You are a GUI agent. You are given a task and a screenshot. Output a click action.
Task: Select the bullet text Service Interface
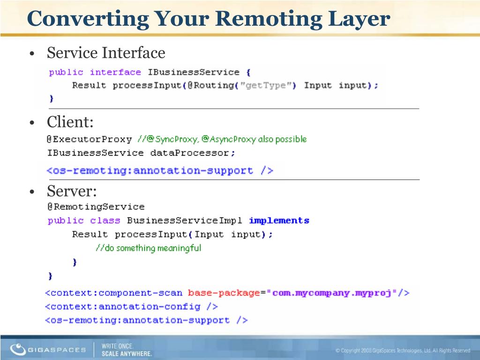106,52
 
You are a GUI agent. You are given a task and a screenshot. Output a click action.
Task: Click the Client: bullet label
70,122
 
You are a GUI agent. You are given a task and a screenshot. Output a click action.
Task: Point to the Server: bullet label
72,191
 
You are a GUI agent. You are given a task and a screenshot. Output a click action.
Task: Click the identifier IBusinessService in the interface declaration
194,72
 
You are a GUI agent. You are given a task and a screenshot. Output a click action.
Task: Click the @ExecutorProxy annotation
90,139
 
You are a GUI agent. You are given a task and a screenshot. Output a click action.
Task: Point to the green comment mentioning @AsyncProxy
223,139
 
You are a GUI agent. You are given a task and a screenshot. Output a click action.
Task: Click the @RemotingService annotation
96,207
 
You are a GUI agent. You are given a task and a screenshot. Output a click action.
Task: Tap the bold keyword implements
279,220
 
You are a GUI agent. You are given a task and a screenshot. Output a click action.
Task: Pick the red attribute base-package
224,293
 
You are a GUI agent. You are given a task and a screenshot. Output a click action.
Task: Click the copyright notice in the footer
403,351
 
